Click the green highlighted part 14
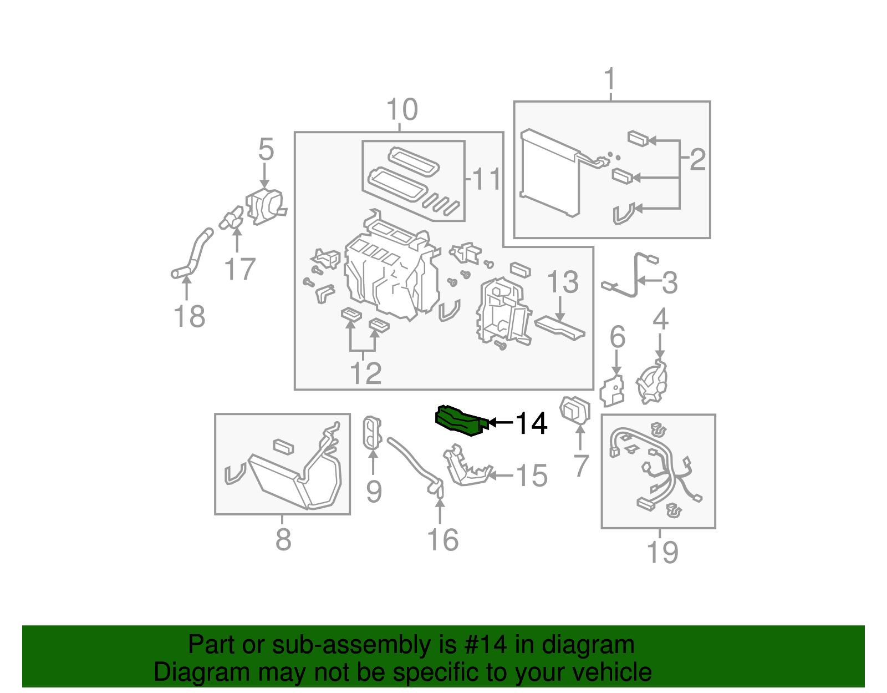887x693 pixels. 459,420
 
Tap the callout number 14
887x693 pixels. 531,423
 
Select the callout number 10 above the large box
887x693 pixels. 401,110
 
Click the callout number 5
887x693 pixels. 266,150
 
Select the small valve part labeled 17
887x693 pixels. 232,219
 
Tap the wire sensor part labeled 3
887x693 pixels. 632,277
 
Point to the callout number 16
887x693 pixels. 442,540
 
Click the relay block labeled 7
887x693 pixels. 575,411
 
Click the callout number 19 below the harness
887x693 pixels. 662,552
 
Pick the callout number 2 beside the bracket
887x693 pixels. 697,159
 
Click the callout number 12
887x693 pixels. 366,373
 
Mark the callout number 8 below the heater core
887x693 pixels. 283,539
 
